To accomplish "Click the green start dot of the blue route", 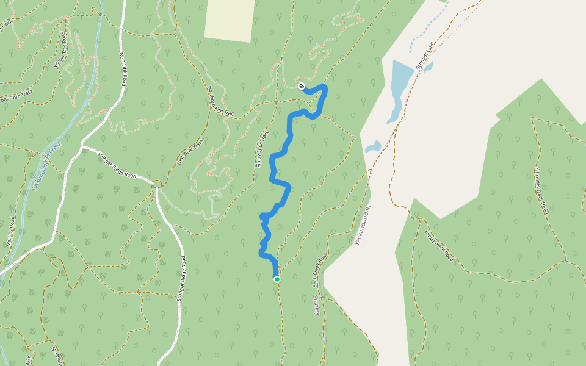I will [x=277, y=279].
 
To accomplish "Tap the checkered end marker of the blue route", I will [x=302, y=86].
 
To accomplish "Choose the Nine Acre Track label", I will [x=190, y=152].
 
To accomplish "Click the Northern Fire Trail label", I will [x=220, y=101].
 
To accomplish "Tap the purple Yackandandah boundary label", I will [x=363, y=225].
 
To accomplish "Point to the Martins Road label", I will [x=10, y=231].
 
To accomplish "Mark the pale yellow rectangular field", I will [x=230, y=20].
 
